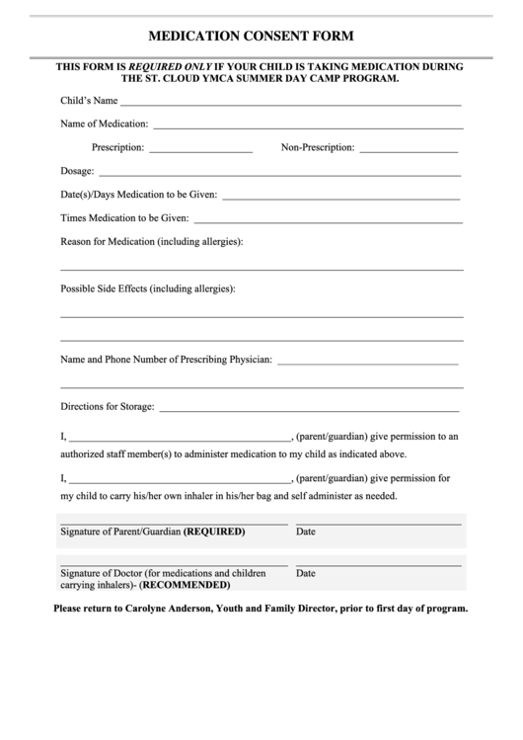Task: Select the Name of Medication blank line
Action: click(307, 127)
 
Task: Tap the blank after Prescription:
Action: click(201, 151)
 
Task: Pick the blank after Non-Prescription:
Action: click(409, 151)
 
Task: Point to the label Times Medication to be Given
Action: click(123, 217)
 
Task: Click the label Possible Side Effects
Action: click(104, 288)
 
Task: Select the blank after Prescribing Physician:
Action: click(367, 363)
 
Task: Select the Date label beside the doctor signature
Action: click(306, 573)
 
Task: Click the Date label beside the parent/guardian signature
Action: click(306, 532)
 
